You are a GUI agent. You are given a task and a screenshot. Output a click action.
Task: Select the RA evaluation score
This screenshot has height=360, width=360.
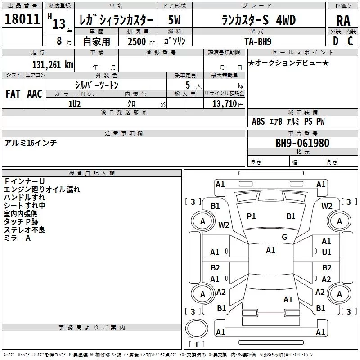[343, 21]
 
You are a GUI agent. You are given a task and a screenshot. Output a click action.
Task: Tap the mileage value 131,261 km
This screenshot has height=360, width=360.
[53, 64]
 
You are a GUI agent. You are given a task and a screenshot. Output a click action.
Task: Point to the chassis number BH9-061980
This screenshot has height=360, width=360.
[302, 144]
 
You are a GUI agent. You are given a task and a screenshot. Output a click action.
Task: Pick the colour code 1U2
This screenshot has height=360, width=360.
[74, 103]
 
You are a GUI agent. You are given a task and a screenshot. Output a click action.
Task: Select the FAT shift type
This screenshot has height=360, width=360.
[13, 94]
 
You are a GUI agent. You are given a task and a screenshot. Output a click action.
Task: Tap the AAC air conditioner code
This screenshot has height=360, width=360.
[35, 94]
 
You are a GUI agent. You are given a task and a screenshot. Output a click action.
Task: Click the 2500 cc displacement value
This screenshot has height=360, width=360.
[136, 42]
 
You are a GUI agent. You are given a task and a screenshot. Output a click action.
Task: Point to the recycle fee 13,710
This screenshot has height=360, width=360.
[225, 104]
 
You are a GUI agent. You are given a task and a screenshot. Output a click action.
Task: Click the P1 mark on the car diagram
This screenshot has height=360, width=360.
[251, 216]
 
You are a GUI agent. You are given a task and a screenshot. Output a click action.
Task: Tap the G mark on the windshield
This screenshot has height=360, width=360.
[284, 237]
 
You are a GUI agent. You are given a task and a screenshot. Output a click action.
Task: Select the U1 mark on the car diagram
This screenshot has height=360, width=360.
[327, 252]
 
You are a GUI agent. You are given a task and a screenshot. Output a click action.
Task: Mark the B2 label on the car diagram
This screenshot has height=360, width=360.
[216, 268]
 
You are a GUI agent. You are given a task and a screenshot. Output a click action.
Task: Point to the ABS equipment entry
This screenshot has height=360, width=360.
[258, 121]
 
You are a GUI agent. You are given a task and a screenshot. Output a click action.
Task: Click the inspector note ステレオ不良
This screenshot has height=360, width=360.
[24, 230]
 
